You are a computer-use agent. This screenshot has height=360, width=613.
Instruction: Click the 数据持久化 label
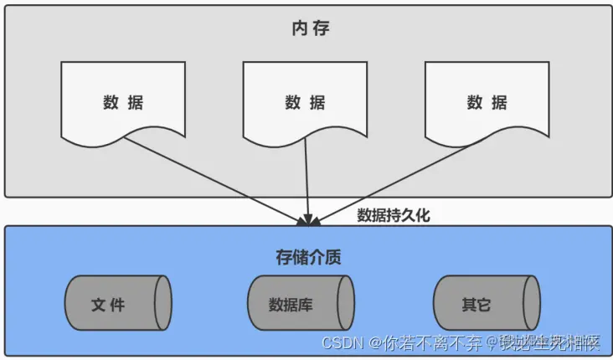(393, 215)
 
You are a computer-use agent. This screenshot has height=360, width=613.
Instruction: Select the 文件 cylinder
(118, 303)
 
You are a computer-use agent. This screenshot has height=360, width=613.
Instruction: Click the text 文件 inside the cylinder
(108, 304)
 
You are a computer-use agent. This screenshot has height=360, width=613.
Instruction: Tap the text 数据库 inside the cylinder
(291, 304)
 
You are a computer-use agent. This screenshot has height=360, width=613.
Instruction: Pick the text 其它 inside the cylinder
(476, 304)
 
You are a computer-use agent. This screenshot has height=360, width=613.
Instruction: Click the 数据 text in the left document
(123, 103)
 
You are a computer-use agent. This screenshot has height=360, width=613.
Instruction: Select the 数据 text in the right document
(487, 103)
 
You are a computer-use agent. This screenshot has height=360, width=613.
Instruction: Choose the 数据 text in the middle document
(305, 103)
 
